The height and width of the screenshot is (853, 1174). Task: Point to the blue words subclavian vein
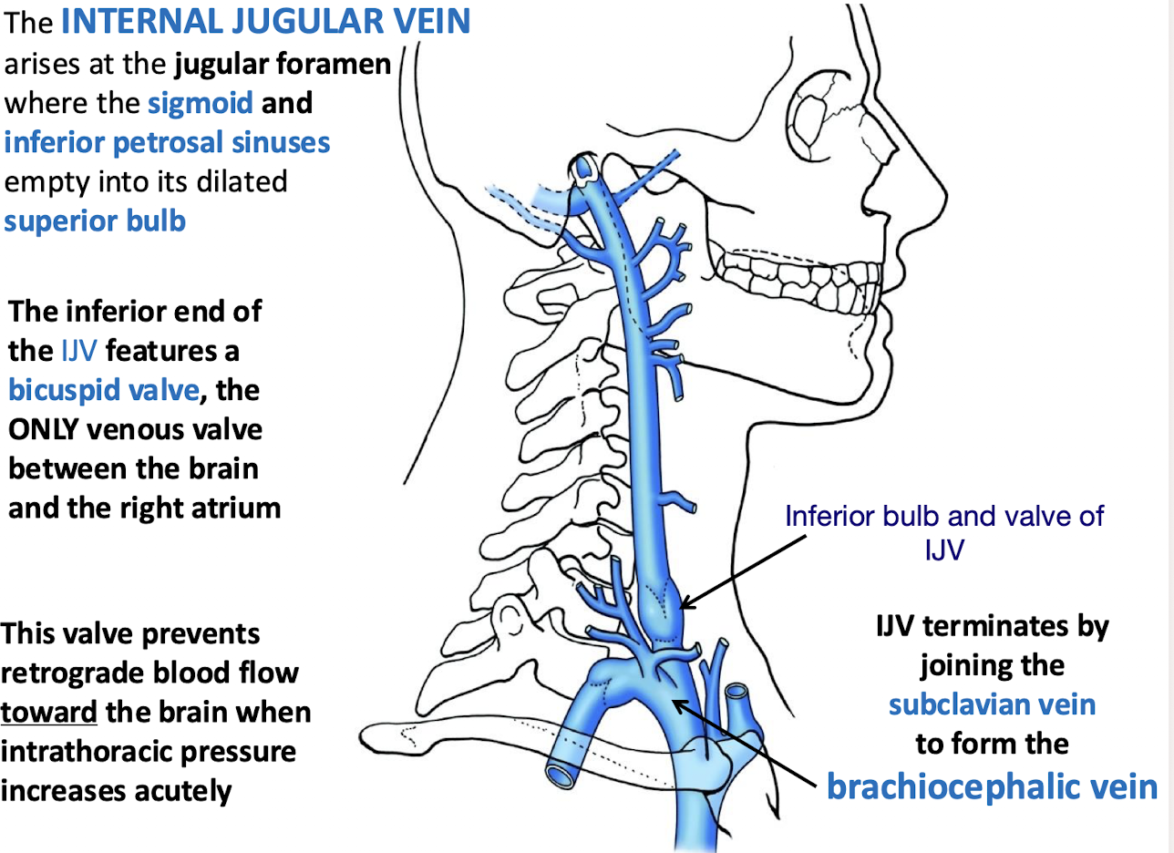tap(993, 706)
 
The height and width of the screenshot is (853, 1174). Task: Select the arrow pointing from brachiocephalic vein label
tap(743, 743)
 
